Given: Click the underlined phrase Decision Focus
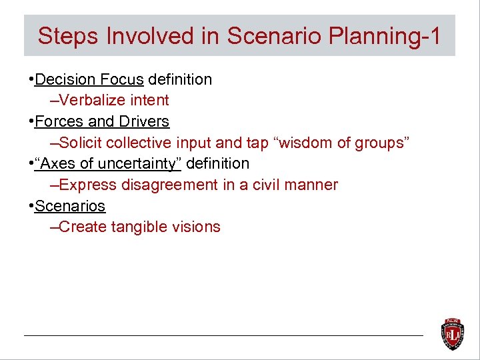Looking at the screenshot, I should tap(89, 80).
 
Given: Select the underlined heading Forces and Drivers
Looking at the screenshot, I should tap(102, 122).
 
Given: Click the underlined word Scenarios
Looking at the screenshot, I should tap(70, 206).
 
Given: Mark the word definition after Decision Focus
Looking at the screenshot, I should tap(180, 80).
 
